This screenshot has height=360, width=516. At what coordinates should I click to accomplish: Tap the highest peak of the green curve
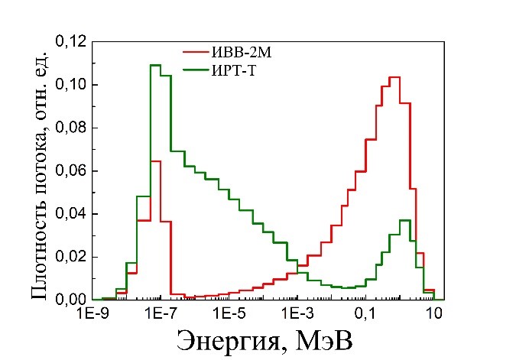coord(154,66)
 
